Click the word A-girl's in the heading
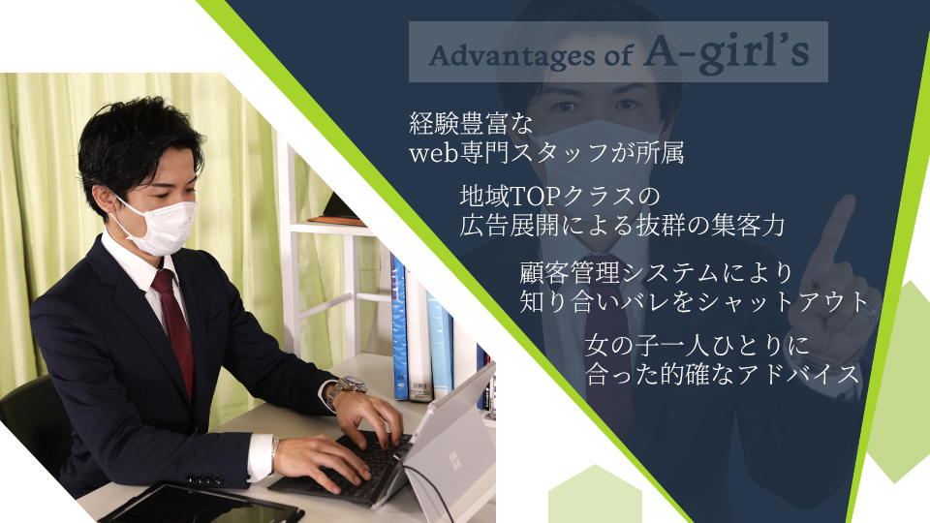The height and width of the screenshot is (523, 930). (x=727, y=52)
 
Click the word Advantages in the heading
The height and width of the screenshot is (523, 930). (x=511, y=56)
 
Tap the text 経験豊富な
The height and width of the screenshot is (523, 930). (x=472, y=123)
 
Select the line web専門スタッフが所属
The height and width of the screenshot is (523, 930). (x=546, y=153)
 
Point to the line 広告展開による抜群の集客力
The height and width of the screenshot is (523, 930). (x=622, y=226)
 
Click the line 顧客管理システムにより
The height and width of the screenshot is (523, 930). (x=656, y=273)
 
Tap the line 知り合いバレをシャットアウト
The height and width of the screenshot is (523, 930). (x=695, y=302)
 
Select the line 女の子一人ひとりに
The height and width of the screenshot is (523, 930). (x=697, y=345)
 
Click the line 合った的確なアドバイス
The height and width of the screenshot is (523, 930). (x=723, y=374)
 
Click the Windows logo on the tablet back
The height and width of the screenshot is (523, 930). (x=455, y=461)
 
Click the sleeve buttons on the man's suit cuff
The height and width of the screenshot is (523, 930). (x=204, y=477)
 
